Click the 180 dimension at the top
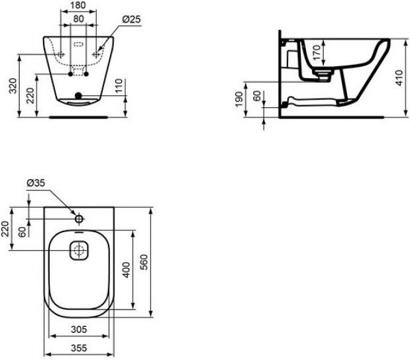pyautogui.click(x=78, y=5)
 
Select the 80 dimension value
pyautogui.click(x=78, y=19)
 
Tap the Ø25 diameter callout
pyautogui.click(x=132, y=19)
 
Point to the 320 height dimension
pyautogui.click(x=13, y=85)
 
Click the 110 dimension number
pyautogui.click(x=119, y=85)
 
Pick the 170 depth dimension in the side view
pyautogui.click(x=317, y=52)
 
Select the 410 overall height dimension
pyautogui.click(x=399, y=78)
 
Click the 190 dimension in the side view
pyautogui.click(x=239, y=99)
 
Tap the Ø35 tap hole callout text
pyautogui.click(x=36, y=183)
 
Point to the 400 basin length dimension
pyautogui.click(x=127, y=270)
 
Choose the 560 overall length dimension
pyautogui.click(x=144, y=262)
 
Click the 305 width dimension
pyautogui.click(x=79, y=330)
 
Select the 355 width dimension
pyautogui.click(x=79, y=347)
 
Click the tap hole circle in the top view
pyautogui.click(x=79, y=218)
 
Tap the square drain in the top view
pyautogui.click(x=79, y=250)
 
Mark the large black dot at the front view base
pyautogui.click(x=78, y=96)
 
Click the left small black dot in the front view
pyautogui.click(x=70, y=74)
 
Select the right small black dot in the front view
pyautogui.click(x=87, y=74)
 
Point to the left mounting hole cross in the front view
pyautogui.click(x=61, y=55)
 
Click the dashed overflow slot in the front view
pyautogui.click(x=78, y=44)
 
